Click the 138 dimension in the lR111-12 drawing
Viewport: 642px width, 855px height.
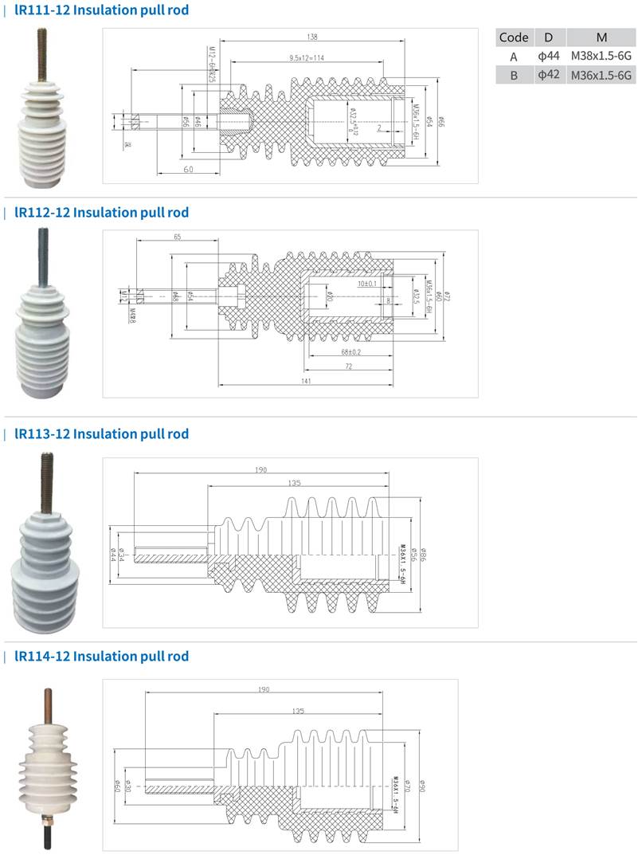pyautogui.click(x=311, y=37)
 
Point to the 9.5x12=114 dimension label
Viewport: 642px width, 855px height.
pyautogui.click(x=307, y=57)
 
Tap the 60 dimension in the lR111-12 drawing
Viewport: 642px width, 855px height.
pyautogui.click(x=188, y=170)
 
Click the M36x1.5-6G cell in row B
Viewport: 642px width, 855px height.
pyautogui.click(x=601, y=76)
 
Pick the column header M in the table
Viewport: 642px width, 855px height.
pyautogui.click(x=601, y=37)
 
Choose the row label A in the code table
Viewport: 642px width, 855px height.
pyautogui.click(x=514, y=57)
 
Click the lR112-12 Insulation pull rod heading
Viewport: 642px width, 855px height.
pyautogui.click(x=101, y=212)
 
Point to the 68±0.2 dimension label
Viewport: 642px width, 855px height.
pyautogui.click(x=350, y=351)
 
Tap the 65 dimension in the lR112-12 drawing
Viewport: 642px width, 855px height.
pyautogui.click(x=177, y=237)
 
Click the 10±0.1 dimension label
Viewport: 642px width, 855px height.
pyautogui.click(x=368, y=284)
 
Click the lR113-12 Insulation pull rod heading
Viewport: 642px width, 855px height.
pyautogui.click(x=101, y=433)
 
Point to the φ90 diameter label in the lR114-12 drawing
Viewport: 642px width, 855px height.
pyautogui.click(x=423, y=786)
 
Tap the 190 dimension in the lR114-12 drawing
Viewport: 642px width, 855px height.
pyautogui.click(x=264, y=689)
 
